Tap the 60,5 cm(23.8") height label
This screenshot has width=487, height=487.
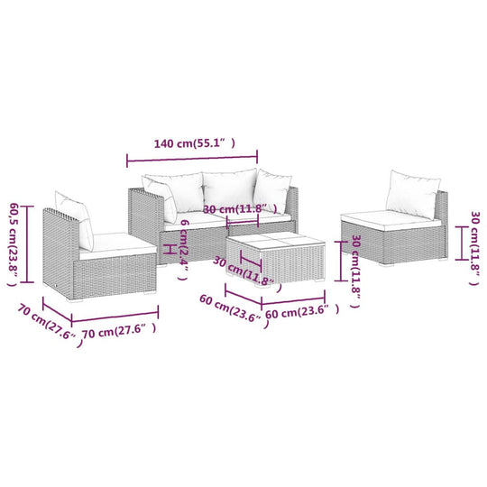(13, 243)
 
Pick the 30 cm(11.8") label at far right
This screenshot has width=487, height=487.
(474, 242)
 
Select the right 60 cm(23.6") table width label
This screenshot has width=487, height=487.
(301, 311)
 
